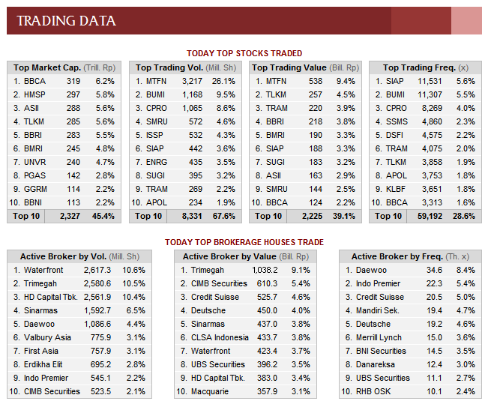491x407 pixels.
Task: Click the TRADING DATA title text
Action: pos(67,21)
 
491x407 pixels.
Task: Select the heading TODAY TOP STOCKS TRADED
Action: pos(244,53)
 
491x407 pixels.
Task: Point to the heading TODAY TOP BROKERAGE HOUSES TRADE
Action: pos(244,242)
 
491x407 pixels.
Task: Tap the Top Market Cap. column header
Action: pos(47,67)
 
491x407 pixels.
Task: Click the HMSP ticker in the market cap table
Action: pos(35,94)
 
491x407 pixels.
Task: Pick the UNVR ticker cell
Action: pos(35,162)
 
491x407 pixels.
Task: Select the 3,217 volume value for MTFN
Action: pos(192,81)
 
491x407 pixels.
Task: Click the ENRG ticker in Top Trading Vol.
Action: pos(157,162)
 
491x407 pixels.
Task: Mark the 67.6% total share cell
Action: pos(225,216)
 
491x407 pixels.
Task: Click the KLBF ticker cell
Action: pos(396,189)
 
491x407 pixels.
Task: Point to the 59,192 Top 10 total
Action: pos(430,216)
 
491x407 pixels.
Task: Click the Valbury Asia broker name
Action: pos(47,337)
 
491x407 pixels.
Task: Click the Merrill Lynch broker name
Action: pos(380,337)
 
